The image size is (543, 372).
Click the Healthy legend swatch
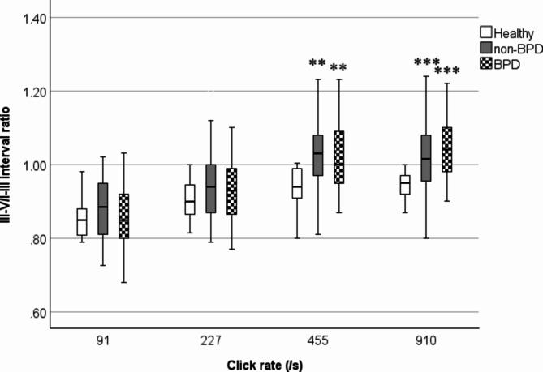coord(487,33)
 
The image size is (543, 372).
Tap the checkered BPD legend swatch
coord(487,64)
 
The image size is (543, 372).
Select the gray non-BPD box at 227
coord(211,188)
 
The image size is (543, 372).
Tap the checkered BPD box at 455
coord(339,169)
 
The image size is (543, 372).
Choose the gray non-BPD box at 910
coord(425,169)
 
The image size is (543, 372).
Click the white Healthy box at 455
coord(297,183)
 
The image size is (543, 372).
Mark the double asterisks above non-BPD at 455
coord(317,64)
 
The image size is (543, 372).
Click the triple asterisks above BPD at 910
coord(446,72)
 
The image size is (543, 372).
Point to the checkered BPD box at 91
coord(123,216)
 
